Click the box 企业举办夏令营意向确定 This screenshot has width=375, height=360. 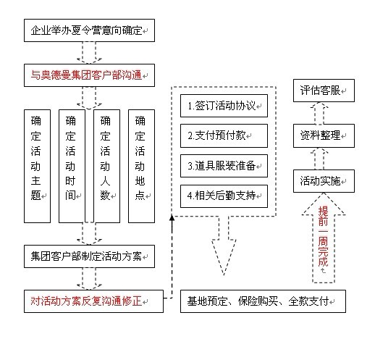click(x=89, y=30)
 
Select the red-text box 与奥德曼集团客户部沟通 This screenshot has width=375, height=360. click(x=89, y=75)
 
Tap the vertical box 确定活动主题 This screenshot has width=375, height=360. click(x=37, y=166)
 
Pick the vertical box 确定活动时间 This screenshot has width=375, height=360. click(x=72, y=166)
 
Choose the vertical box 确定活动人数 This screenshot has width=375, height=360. click(x=106, y=166)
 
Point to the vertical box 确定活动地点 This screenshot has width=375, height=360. click(x=141, y=166)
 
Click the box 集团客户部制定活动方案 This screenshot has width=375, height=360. click(x=89, y=256)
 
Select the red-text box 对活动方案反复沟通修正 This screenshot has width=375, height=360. click(x=93, y=301)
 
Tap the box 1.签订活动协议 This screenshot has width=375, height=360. click(x=224, y=106)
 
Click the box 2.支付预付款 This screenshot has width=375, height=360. click(x=224, y=135)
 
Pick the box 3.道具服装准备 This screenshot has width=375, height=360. click(x=224, y=166)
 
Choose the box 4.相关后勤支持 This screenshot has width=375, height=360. click(x=224, y=196)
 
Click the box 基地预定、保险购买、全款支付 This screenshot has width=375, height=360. click(x=263, y=301)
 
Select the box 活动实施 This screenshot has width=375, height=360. click(x=324, y=181)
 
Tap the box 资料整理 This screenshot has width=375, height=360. click(x=324, y=135)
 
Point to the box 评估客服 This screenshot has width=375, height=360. click(x=324, y=91)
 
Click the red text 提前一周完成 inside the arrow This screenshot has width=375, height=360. click(x=323, y=236)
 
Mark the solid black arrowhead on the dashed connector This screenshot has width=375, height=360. click(x=172, y=218)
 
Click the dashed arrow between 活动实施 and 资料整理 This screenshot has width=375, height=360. click(x=319, y=159)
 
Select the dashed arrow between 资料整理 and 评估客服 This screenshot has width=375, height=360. click(x=319, y=114)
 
